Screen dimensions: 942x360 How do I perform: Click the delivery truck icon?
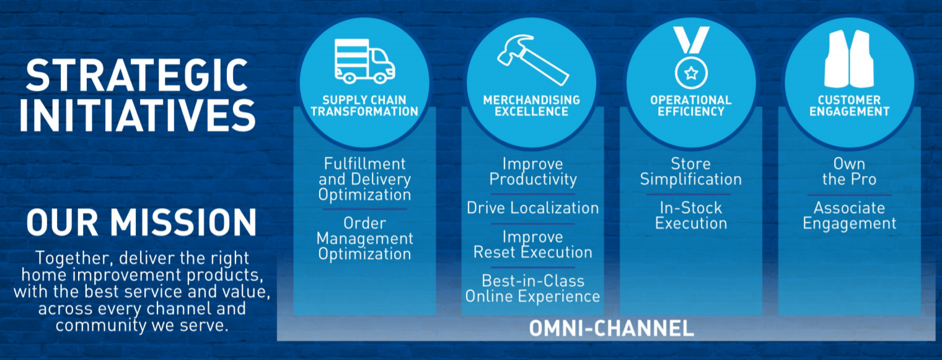364,61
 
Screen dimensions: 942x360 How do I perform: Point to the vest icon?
849,59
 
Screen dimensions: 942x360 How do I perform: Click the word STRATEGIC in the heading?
137,75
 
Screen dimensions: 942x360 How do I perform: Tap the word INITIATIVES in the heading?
137,115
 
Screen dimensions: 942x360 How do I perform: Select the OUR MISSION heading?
141,222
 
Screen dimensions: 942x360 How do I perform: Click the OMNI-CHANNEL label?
612,328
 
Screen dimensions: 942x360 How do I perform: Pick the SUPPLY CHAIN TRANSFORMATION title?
364,105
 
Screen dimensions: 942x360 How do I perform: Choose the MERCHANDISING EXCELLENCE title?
532,105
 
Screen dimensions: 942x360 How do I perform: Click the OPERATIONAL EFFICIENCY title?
691,105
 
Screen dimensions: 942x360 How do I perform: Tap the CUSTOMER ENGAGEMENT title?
850,105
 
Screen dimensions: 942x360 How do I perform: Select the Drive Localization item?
532,208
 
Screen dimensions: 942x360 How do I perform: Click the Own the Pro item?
850,171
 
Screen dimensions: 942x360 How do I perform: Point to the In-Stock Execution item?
691,216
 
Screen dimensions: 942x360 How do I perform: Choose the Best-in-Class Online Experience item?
532,289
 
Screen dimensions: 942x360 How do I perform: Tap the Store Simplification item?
691,171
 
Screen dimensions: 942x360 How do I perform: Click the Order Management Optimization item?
364,239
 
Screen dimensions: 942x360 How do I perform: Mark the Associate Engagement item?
850,216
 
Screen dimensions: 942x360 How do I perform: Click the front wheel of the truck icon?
380,77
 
